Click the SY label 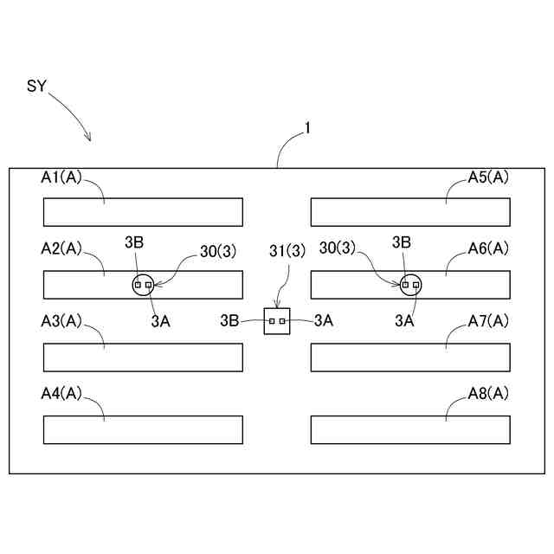coord(36,87)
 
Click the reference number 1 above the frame coord(306,128)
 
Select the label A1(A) coord(61,177)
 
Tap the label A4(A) coord(61,393)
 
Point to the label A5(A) coord(488,177)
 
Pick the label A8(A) coord(488,393)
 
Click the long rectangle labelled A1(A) coord(143,212)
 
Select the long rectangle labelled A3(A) coord(143,358)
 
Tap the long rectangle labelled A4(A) coord(143,429)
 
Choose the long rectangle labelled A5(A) coord(410,212)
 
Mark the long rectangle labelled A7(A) coord(410,358)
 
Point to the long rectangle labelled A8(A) coord(410,429)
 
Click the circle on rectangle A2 coord(143,284)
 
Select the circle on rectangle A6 coord(409,284)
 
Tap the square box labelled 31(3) coord(276,320)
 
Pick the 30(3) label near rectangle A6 coord(338,248)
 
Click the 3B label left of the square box coord(229,320)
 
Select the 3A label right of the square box coord(324,320)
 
